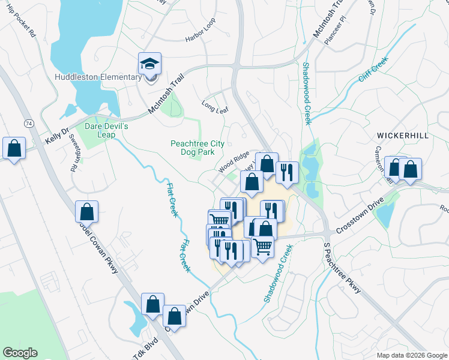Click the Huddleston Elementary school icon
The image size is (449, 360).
pos(149,64)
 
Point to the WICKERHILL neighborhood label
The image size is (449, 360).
pos(402,136)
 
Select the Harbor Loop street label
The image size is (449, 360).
pos(200,38)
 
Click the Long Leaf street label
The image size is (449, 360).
pos(215,106)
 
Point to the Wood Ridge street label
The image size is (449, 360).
pos(234,162)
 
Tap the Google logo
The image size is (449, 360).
pos(20,353)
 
